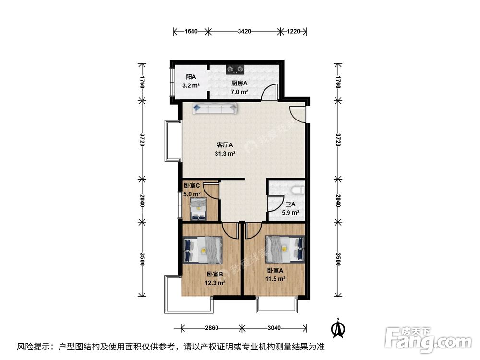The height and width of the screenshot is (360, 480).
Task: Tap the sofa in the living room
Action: click(x=215, y=108)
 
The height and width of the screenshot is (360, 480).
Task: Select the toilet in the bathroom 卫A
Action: click(x=297, y=190)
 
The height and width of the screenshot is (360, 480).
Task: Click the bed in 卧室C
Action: click(x=197, y=210)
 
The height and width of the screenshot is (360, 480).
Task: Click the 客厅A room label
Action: click(x=225, y=144)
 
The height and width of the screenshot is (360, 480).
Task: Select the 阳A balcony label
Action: click(x=191, y=77)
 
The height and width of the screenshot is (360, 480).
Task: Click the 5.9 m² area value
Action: click(x=290, y=213)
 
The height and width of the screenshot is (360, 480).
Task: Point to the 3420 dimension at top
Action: click(x=244, y=32)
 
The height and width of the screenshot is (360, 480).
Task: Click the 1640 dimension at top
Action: click(x=191, y=32)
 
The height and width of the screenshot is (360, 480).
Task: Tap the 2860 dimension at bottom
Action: click(x=211, y=328)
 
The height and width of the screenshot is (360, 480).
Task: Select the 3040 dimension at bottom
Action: click(x=275, y=328)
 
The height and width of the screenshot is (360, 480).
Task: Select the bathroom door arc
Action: click(x=274, y=205)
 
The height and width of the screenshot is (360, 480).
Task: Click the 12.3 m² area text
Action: click(x=215, y=283)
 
